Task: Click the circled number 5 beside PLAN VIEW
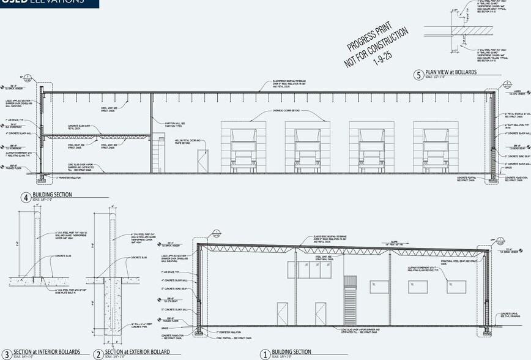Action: tap(418, 75)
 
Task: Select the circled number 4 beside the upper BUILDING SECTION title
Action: tap(26, 197)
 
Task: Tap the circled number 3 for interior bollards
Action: tap(7, 354)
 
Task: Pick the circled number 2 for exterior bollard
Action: tap(98, 354)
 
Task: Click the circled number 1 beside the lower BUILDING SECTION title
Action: tap(265, 354)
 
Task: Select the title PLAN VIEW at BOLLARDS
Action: tap(451, 72)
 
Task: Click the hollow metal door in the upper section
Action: tap(202, 161)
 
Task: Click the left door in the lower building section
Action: tap(283, 315)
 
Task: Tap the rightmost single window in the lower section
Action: tap(456, 287)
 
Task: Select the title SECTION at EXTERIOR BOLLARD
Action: tap(142, 352)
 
